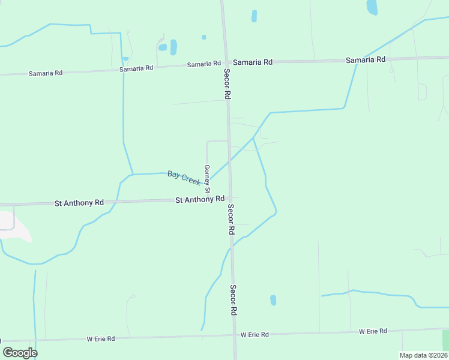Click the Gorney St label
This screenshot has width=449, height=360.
click(x=207, y=178)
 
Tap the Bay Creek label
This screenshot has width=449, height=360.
click(x=184, y=178)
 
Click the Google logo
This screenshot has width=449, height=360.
click(x=20, y=352)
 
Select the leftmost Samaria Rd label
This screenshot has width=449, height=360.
click(x=46, y=73)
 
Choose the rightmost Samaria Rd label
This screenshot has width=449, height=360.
click(x=366, y=60)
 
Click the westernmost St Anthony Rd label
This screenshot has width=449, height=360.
click(x=79, y=203)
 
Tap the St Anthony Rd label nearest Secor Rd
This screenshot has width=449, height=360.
click(x=200, y=199)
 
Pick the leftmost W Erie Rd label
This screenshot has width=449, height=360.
click(x=100, y=339)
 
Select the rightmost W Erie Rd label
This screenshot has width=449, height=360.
click(x=373, y=331)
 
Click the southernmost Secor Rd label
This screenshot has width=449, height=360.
click(x=234, y=300)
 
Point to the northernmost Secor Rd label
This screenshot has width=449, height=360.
click(x=227, y=83)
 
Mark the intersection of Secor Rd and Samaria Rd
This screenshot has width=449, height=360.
click(x=226, y=62)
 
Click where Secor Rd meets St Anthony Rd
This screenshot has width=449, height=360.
click(x=230, y=199)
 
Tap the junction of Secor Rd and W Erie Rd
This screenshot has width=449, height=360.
click(x=235, y=335)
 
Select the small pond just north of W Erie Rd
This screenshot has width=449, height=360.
click(x=273, y=300)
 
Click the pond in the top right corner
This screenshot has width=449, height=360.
click(x=372, y=7)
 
